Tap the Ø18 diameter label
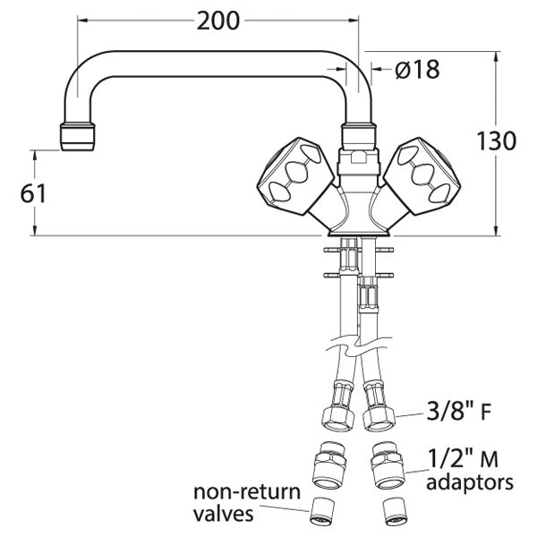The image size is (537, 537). pyautogui.click(x=415, y=69)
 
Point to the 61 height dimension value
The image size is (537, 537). pyautogui.click(x=32, y=193)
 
